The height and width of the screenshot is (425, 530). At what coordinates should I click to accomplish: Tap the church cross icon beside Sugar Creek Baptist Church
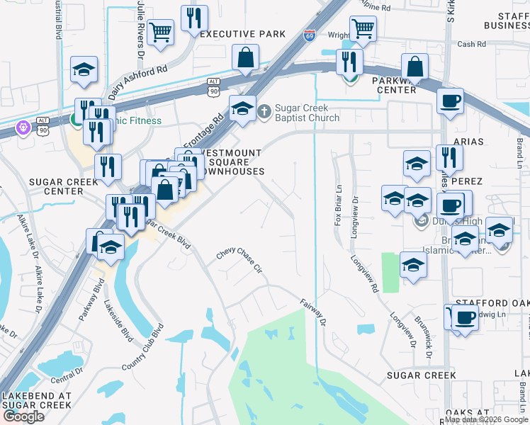click(x=264, y=111)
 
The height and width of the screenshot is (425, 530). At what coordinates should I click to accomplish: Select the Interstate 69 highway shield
click(x=310, y=35)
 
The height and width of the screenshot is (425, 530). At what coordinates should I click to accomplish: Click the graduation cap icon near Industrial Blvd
click(x=84, y=69)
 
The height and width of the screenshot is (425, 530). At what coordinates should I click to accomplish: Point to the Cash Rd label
click(x=471, y=44)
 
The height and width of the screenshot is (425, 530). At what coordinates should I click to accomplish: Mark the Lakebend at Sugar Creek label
click(x=36, y=400)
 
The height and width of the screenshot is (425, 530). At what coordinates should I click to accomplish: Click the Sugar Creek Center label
click(x=56, y=186)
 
